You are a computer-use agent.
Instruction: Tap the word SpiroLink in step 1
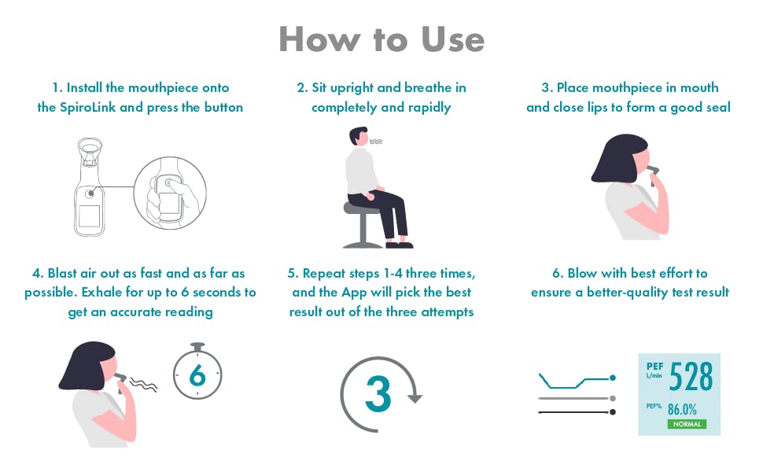click(x=87, y=107)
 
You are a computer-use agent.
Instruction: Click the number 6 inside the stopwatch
click(x=197, y=375)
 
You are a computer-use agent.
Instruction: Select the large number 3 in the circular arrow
click(x=378, y=394)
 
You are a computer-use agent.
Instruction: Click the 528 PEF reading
click(x=691, y=376)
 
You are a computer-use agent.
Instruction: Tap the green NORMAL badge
click(x=687, y=424)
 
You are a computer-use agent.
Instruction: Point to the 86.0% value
click(x=682, y=409)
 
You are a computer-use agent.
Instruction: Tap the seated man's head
click(x=359, y=136)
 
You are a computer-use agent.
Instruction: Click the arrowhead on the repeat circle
click(x=415, y=398)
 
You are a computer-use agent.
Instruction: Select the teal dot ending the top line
click(x=613, y=378)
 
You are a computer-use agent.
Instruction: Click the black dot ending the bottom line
click(x=613, y=412)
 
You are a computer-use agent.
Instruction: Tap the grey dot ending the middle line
click(x=613, y=398)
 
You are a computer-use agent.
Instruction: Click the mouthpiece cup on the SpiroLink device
click(x=90, y=147)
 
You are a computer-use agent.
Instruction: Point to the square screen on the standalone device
click(x=89, y=216)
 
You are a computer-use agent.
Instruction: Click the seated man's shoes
click(x=400, y=244)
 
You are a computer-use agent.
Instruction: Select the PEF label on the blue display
click(x=654, y=367)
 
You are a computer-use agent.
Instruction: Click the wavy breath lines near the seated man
click(x=376, y=142)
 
